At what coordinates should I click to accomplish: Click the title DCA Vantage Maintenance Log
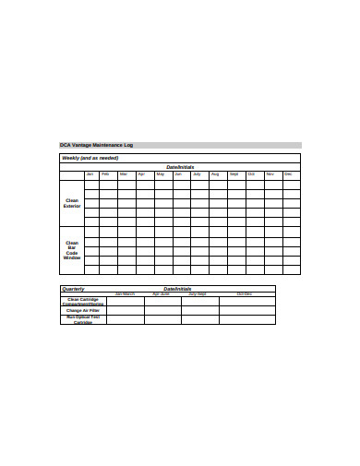[96, 145]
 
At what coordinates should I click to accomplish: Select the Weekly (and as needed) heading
[90, 158]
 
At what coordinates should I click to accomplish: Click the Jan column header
[90, 174]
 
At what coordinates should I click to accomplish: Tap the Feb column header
[106, 174]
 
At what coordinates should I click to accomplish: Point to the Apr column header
[141, 174]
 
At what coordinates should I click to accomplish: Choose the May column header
[161, 174]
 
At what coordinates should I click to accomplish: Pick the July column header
[197, 174]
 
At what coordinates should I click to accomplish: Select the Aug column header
[215, 174]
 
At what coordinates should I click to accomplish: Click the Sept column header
[234, 174]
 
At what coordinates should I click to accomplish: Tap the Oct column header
[251, 174]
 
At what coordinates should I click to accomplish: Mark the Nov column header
[270, 174]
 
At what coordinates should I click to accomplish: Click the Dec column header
[288, 174]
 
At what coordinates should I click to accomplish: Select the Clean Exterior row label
[72, 203]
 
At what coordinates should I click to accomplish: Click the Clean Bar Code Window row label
[72, 250]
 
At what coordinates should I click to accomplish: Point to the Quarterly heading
[74, 289]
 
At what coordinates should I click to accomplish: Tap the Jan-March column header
[125, 293]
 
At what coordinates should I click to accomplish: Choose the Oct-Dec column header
[245, 293]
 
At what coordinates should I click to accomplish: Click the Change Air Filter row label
[83, 310]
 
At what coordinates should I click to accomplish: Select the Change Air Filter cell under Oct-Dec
[246, 310]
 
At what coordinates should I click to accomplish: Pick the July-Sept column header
[198, 293]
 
